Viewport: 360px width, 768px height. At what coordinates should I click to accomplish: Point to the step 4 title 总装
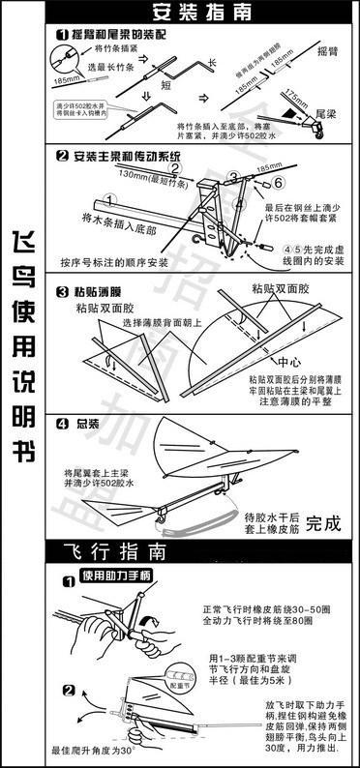(x=88, y=422)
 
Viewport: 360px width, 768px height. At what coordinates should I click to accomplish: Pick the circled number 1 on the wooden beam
(x=111, y=200)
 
